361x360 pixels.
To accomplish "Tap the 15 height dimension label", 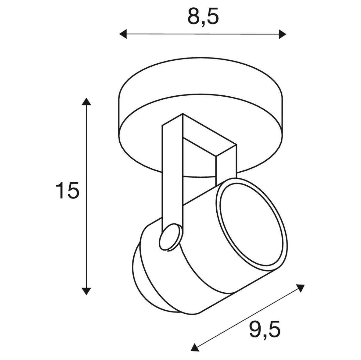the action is pyautogui.click(x=67, y=190).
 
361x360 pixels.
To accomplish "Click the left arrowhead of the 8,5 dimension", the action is pyautogui.click(x=123, y=34).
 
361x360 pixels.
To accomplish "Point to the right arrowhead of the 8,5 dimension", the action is pyautogui.click(x=283, y=34).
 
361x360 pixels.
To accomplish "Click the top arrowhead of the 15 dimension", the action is pyautogui.click(x=86, y=102).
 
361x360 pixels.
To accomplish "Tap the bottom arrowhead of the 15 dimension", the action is pyautogui.click(x=86, y=291).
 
